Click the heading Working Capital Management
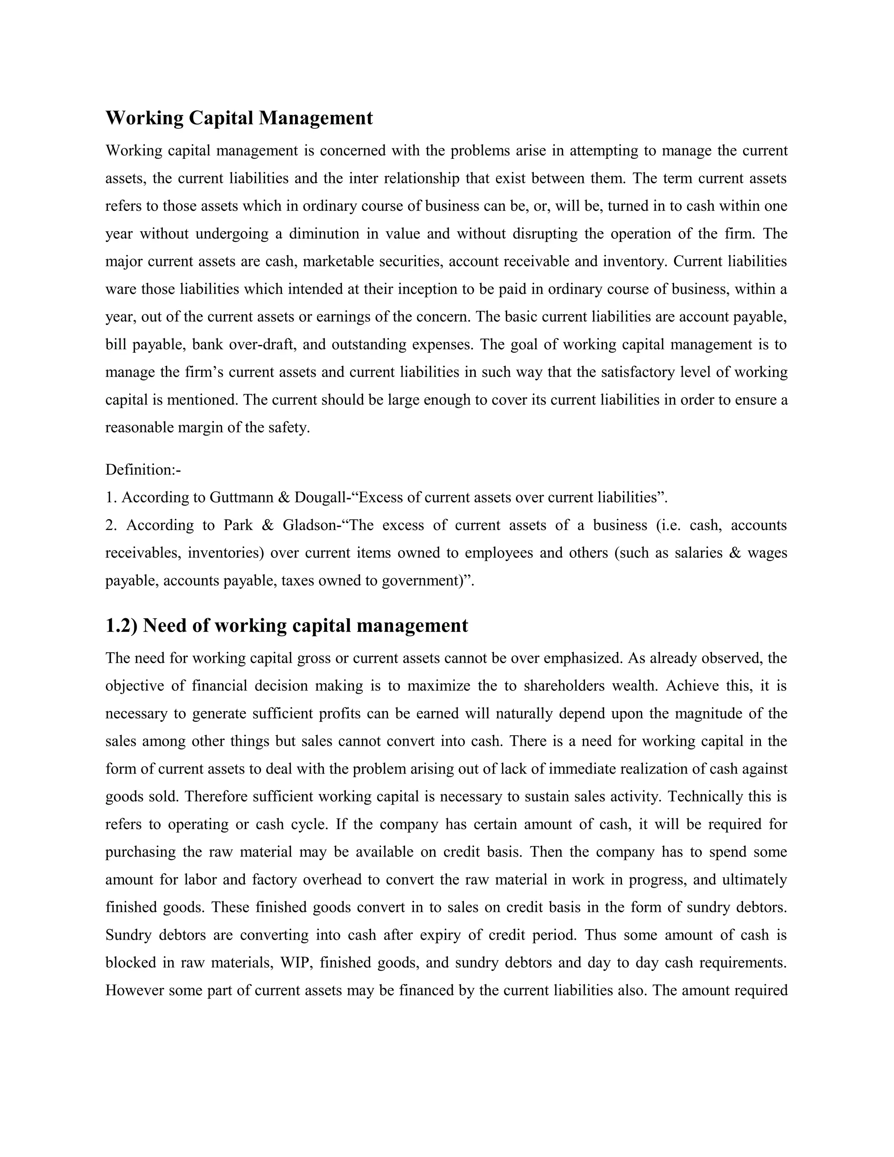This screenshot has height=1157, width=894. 239,117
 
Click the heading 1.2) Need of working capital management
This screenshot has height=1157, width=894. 286,625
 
